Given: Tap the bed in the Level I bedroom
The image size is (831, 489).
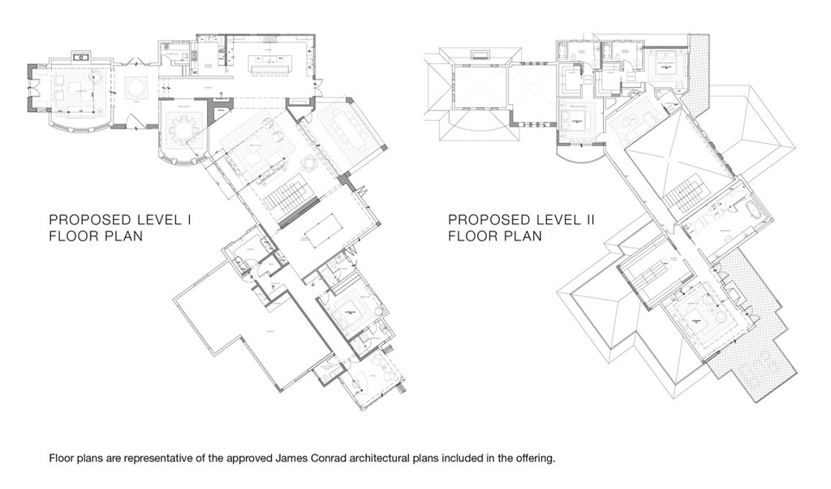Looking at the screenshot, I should coord(349,313).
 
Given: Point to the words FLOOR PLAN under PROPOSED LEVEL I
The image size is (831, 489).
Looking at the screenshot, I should coord(96,236).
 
